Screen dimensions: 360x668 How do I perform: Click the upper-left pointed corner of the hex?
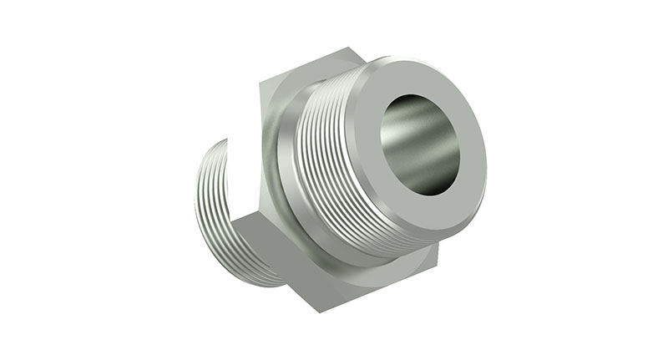pos(259,84)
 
